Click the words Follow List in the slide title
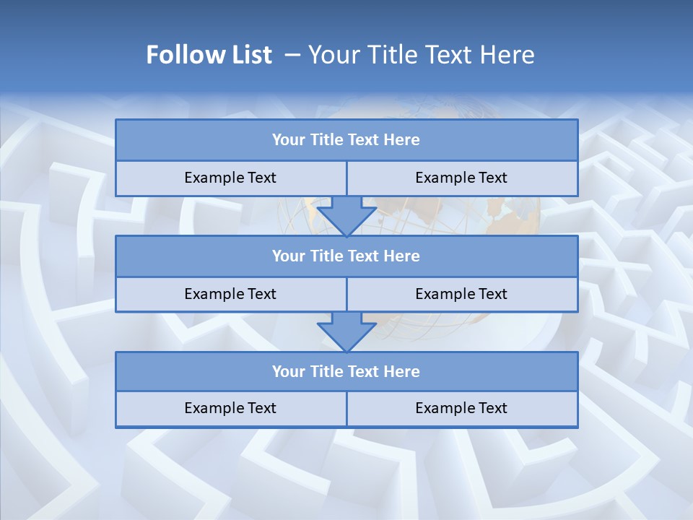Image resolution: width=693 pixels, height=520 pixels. click(209, 55)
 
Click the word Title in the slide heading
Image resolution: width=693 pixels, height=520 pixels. click(389, 55)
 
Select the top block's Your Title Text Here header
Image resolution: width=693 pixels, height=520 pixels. click(346, 140)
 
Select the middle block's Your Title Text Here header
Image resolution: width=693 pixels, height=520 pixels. click(346, 256)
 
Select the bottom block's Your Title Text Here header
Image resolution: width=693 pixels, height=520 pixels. click(346, 371)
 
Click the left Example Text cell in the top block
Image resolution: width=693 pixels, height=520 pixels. click(230, 178)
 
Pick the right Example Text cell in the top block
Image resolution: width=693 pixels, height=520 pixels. click(461, 178)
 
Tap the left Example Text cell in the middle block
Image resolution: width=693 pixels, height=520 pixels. click(230, 294)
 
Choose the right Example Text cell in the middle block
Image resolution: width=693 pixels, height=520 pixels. click(461, 294)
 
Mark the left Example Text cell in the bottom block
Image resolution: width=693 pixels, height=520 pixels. click(230, 408)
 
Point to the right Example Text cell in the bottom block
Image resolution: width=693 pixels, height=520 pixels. click(461, 408)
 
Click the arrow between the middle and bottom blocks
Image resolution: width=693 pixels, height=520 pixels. click(346, 331)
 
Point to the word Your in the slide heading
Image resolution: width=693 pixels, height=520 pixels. click(333, 55)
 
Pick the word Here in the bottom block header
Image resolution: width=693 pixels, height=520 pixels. click(401, 371)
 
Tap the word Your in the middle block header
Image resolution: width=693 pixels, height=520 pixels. click(288, 256)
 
